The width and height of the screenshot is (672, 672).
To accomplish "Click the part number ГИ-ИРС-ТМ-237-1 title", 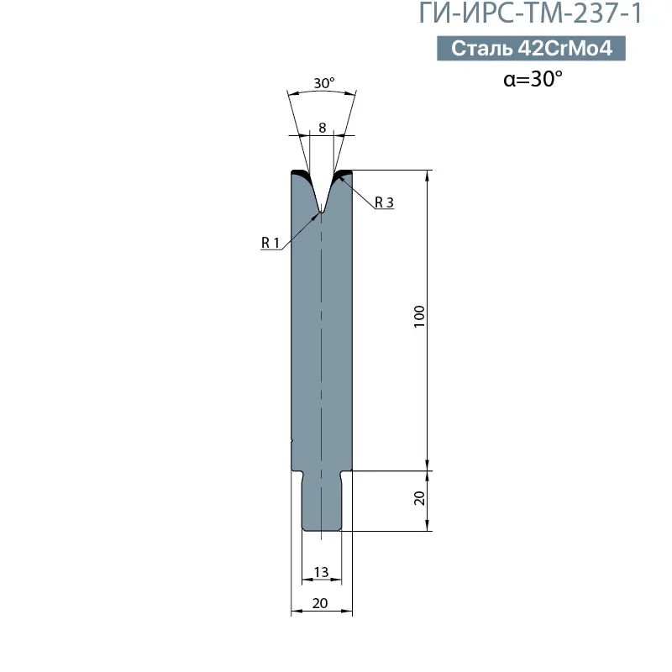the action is pyautogui.click(x=530, y=13).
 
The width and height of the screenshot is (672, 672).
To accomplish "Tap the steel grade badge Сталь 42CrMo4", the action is pyautogui.click(x=531, y=48).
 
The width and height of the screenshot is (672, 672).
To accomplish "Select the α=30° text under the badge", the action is pyautogui.click(x=533, y=79).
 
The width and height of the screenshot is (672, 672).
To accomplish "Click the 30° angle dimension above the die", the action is pyautogui.click(x=323, y=82).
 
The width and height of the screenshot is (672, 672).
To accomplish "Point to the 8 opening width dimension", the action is pyautogui.click(x=323, y=128).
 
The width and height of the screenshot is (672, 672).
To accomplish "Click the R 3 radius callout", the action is pyautogui.click(x=384, y=202).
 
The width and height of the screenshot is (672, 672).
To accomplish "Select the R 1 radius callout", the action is pyautogui.click(x=270, y=243).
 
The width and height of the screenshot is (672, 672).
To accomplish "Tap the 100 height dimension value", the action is pyautogui.click(x=419, y=317).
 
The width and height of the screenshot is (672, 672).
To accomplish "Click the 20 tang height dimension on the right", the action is pyautogui.click(x=419, y=498).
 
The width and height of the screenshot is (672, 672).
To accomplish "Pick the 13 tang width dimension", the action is pyautogui.click(x=322, y=572).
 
